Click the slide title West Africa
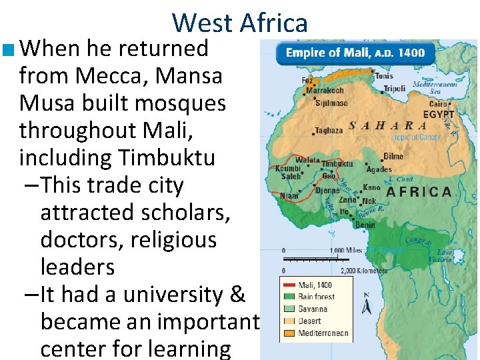pyautogui.click(x=240, y=23)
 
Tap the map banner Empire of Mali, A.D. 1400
pyautogui.click(x=355, y=53)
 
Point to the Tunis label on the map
pyautogui.click(x=384, y=76)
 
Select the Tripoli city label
pyautogui.click(x=394, y=89)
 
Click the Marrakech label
pyautogui.click(x=325, y=90)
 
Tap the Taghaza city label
pyautogui.click(x=329, y=131)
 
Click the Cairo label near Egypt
pyautogui.click(x=438, y=104)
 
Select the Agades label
pyautogui.click(x=379, y=169)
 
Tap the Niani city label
pyautogui.click(x=289, y=196)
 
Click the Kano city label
pyautogui.click(x=372, y=188)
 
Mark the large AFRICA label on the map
pyautogui.click(x=419, y=192)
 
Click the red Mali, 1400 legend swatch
pyautogui.click(x=289, y=285)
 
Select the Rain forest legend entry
pyautogui.click(x=316, y=297)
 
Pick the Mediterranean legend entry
pyautogui.click(x=323, y=333)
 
